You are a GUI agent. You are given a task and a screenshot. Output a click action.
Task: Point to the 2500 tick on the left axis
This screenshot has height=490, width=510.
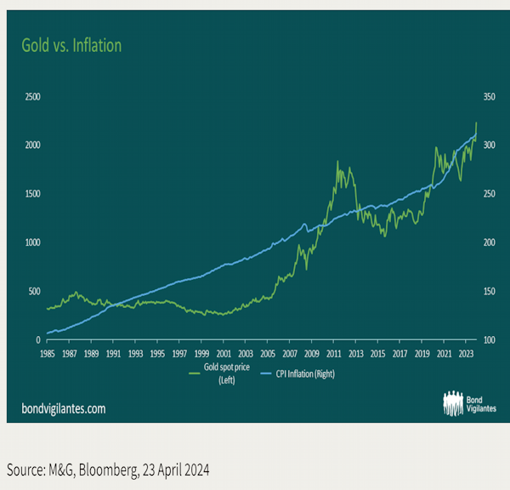pos(31,97)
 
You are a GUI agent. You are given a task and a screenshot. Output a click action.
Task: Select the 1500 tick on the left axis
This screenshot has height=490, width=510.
pos(31,194)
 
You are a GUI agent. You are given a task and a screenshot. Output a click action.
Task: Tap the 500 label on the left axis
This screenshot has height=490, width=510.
pos(33,291)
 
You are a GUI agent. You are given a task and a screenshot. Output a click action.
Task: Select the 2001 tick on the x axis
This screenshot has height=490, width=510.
pos(223,351)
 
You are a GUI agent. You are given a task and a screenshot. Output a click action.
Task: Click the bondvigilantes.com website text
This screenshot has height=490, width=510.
pos(63,408)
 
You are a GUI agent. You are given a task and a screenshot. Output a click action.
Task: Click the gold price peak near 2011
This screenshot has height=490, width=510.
pos(337,162)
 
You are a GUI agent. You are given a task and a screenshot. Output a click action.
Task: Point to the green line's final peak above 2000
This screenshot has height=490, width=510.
pos(476,122)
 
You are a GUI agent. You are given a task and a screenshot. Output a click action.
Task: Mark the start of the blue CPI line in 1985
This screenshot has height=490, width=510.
pos(48,333)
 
